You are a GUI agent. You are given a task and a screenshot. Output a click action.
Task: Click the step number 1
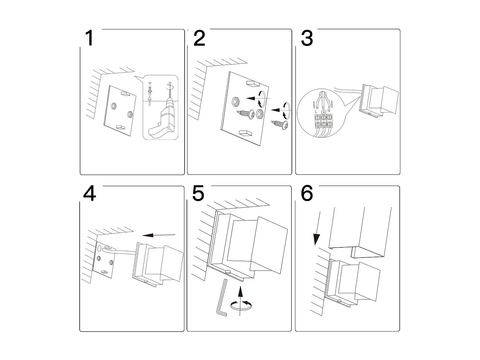89,38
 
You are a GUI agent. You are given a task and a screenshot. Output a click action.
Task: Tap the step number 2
199,38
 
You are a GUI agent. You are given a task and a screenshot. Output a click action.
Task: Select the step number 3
307,38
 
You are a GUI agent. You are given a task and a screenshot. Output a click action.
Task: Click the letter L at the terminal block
316,111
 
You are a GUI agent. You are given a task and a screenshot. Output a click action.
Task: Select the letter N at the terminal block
329,111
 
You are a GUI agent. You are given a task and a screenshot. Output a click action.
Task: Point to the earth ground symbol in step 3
323,111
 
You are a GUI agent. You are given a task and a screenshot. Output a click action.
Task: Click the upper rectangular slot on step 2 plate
252,84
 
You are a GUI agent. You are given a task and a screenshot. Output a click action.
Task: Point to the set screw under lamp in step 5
228,272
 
